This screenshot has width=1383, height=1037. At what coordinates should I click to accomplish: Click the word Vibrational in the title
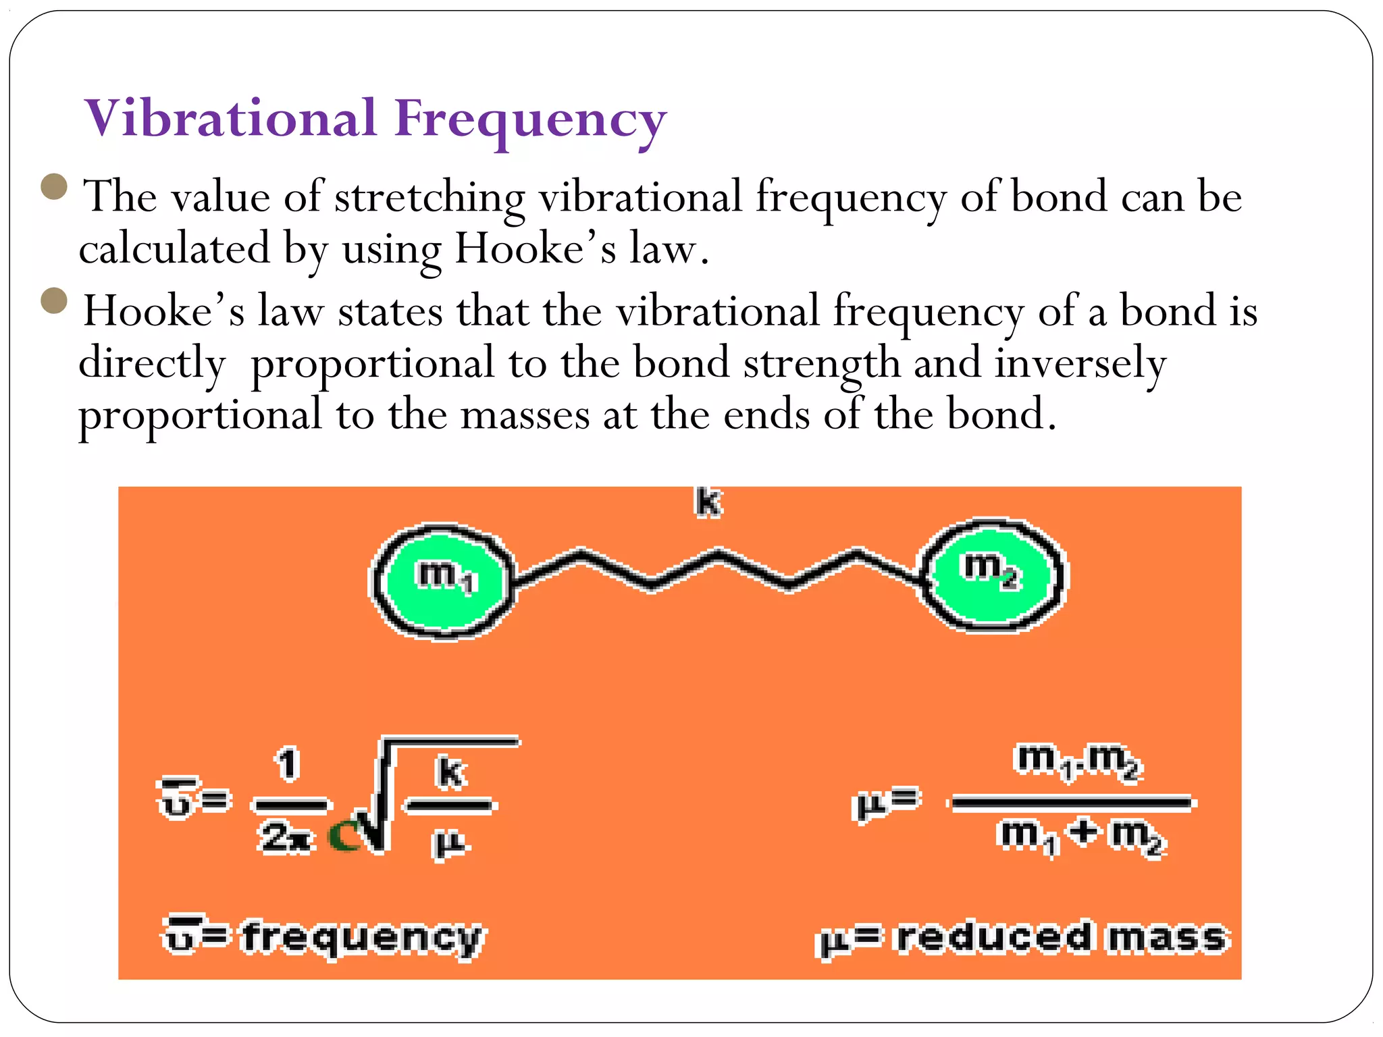230,119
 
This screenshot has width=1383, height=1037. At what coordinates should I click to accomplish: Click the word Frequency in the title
531,122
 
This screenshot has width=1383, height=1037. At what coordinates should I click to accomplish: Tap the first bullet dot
54,187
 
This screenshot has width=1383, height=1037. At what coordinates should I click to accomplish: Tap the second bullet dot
54,301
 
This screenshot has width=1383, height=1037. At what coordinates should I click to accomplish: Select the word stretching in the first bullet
429,198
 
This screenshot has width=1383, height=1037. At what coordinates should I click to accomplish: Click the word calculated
174,248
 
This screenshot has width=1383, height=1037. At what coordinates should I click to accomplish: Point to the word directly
152,365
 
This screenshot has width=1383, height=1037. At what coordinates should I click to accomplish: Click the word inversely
1080,365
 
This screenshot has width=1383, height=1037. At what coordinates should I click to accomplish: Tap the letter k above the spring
708,503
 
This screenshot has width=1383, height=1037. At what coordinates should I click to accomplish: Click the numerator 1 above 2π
288,764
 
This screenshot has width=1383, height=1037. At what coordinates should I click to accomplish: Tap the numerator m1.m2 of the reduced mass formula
1078,761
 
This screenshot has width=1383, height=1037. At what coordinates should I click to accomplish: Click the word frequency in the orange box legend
363,938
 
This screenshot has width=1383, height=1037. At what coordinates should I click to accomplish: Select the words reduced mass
1060,938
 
